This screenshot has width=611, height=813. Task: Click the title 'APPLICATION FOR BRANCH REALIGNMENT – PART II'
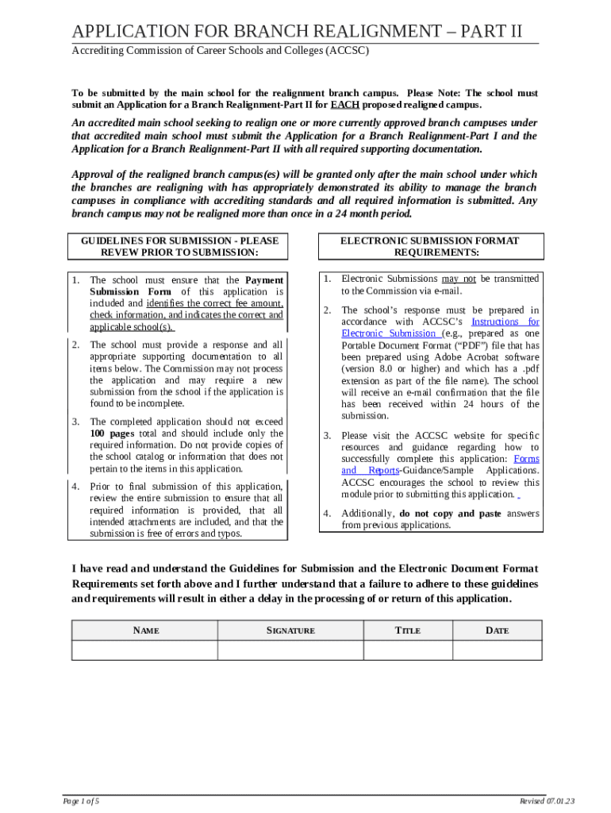[298, 32]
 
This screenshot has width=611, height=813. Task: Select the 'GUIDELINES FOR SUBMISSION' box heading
[179, 246]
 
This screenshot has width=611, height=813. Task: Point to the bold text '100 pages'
[107, 433]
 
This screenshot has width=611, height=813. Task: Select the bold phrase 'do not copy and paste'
[450, 514]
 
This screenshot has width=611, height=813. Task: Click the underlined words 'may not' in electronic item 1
[459, 279]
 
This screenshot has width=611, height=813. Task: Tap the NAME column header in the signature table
[145, 630]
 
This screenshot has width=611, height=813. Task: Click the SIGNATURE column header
[290, 630]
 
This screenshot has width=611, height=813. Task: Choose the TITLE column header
[408, 630]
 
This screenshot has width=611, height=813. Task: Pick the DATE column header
[497, 630]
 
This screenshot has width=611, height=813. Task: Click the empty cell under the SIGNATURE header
[290, 650]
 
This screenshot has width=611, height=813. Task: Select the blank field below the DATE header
[497, 650]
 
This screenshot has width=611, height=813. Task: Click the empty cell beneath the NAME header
[145, 650]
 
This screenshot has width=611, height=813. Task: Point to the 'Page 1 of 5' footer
[82, 800]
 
